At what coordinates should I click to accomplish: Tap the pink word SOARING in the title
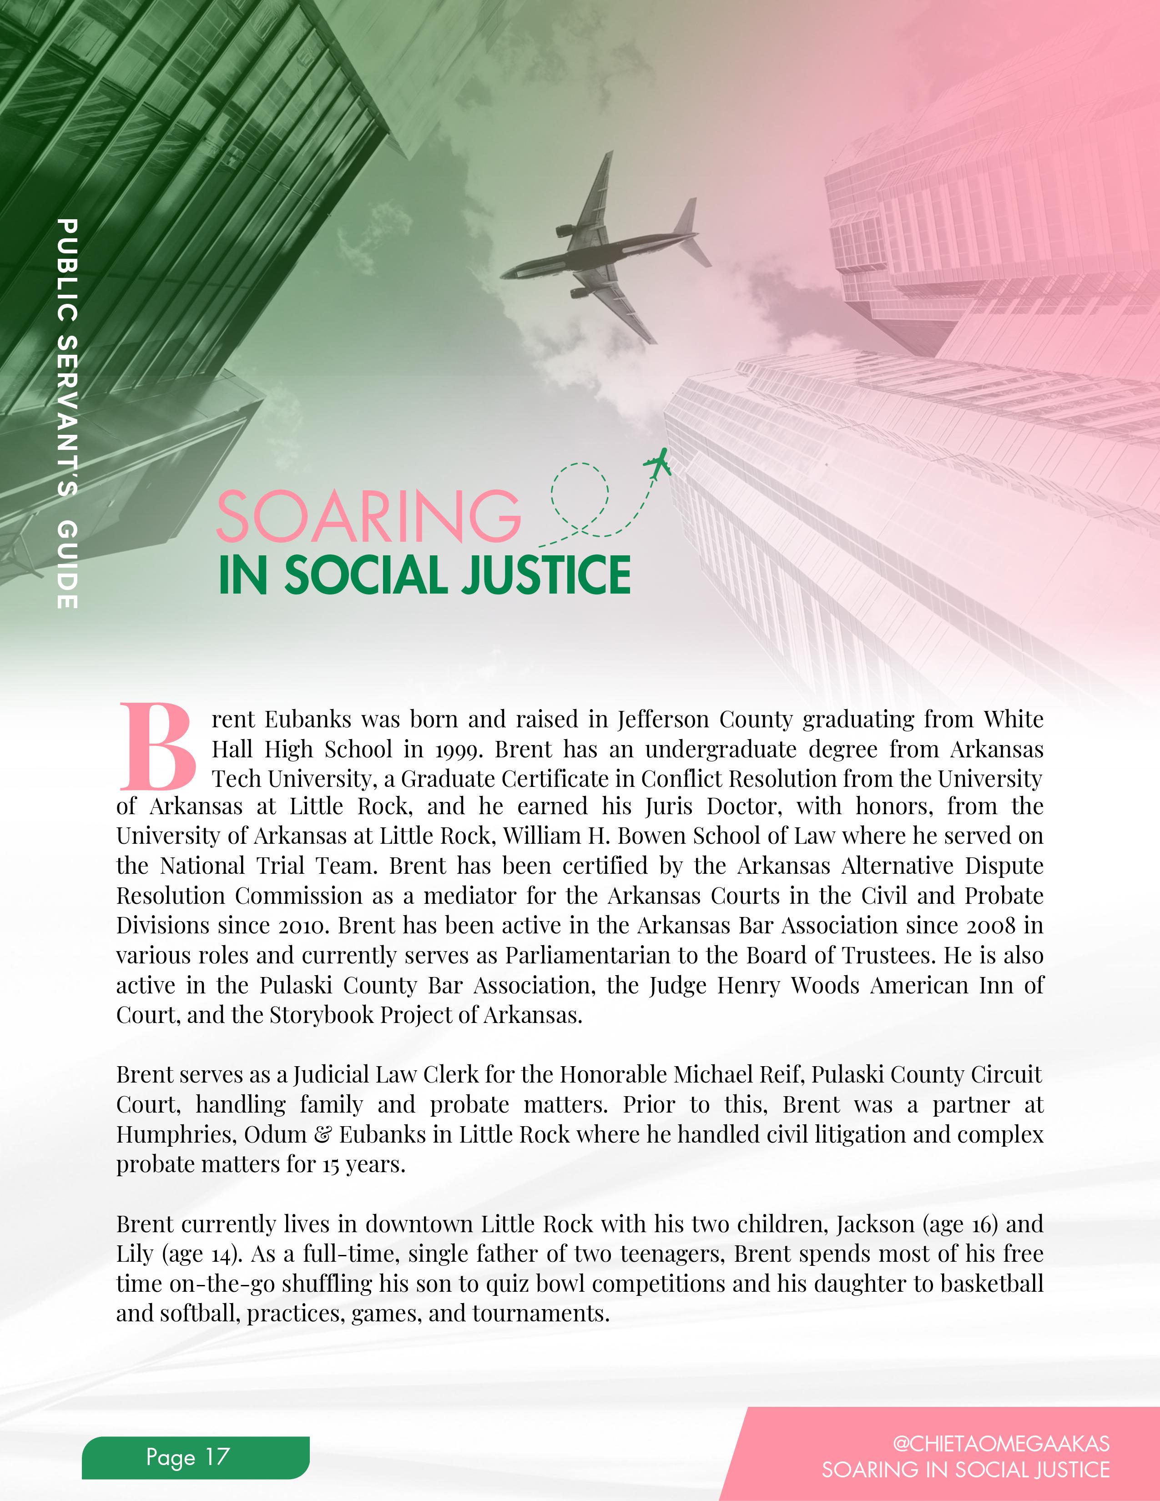(x=368, y=516)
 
